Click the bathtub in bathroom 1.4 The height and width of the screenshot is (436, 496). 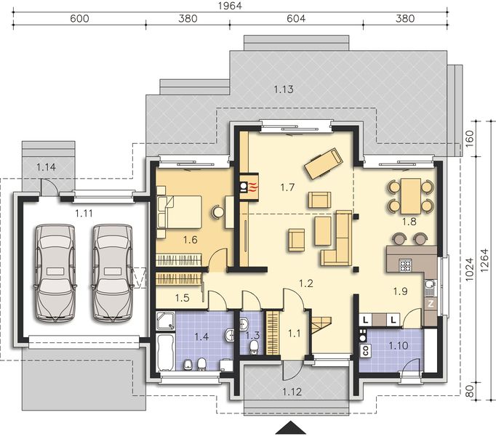pos(164,352)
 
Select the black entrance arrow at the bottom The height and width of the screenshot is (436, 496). pos(292,427)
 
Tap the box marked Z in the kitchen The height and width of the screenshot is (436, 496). pos(431,303)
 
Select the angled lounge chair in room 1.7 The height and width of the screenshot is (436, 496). pos(323,163)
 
